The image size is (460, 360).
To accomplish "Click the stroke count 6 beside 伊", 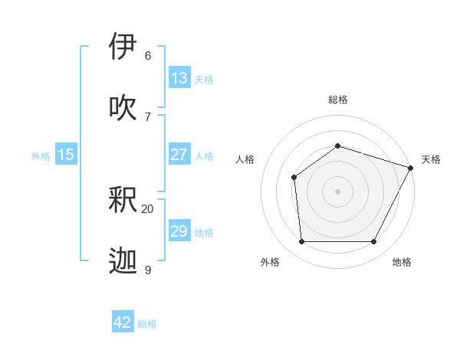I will [148, 55].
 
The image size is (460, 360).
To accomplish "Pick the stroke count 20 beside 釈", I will [147, 208].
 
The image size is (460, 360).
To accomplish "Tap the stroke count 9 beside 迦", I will [148, 270].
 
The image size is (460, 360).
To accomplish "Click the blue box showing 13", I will [179, 78].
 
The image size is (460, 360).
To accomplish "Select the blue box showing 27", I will [179, 155].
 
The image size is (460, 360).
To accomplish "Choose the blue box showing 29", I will [179, 231].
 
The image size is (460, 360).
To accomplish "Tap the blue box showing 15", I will [66, 155].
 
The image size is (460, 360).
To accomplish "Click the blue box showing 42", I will [123, 322].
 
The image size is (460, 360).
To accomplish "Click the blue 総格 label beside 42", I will [147, 324].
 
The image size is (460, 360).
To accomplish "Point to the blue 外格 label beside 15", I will [41, 156].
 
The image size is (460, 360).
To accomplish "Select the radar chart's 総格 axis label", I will [337, 100].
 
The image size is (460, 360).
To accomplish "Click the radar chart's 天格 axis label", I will [431, 159].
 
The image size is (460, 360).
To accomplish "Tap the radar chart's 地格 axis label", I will [402, 262].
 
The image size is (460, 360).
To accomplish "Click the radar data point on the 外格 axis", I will [301, 242].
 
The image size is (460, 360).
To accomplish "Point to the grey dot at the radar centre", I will [337, 191].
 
